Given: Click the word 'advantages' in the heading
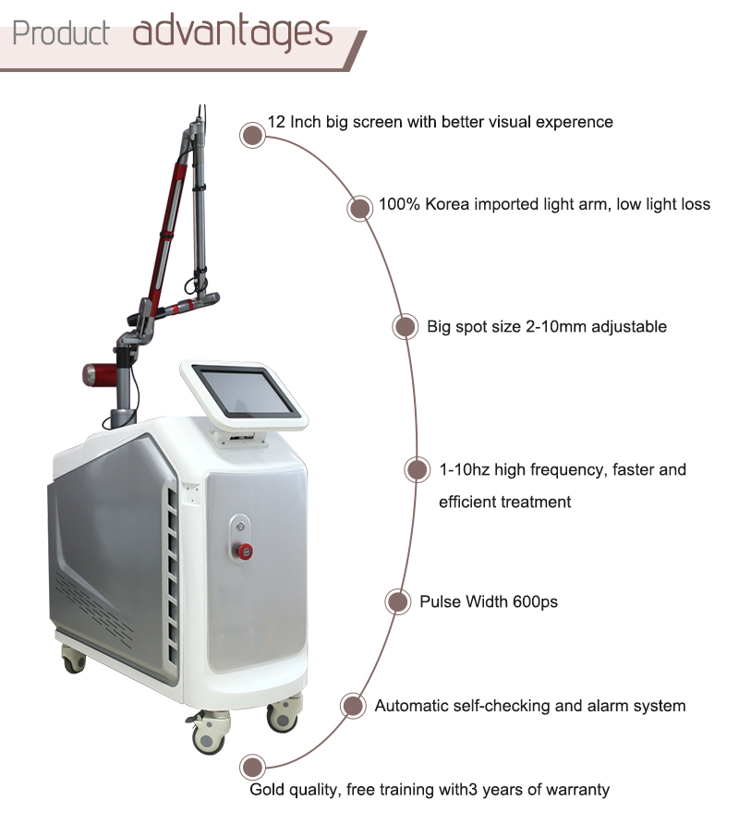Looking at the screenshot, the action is (x=232, y=31).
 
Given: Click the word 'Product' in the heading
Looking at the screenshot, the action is (x=62, y=33).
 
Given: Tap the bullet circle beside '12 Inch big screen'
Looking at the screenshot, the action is (x=251, y=136).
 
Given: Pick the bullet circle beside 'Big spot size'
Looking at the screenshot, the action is (x=404, y=326).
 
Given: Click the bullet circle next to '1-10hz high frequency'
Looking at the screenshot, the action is (x=418, y=469).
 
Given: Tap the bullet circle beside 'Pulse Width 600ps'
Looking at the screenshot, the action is (x=396, y=602).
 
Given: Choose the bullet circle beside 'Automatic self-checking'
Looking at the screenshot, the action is (x=351, y=706).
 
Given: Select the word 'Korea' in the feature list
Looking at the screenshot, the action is (x=447, y=204).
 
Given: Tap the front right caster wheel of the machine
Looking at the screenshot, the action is (x=283, y=717).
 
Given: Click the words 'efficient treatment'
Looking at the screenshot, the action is (x=504, y=503).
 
